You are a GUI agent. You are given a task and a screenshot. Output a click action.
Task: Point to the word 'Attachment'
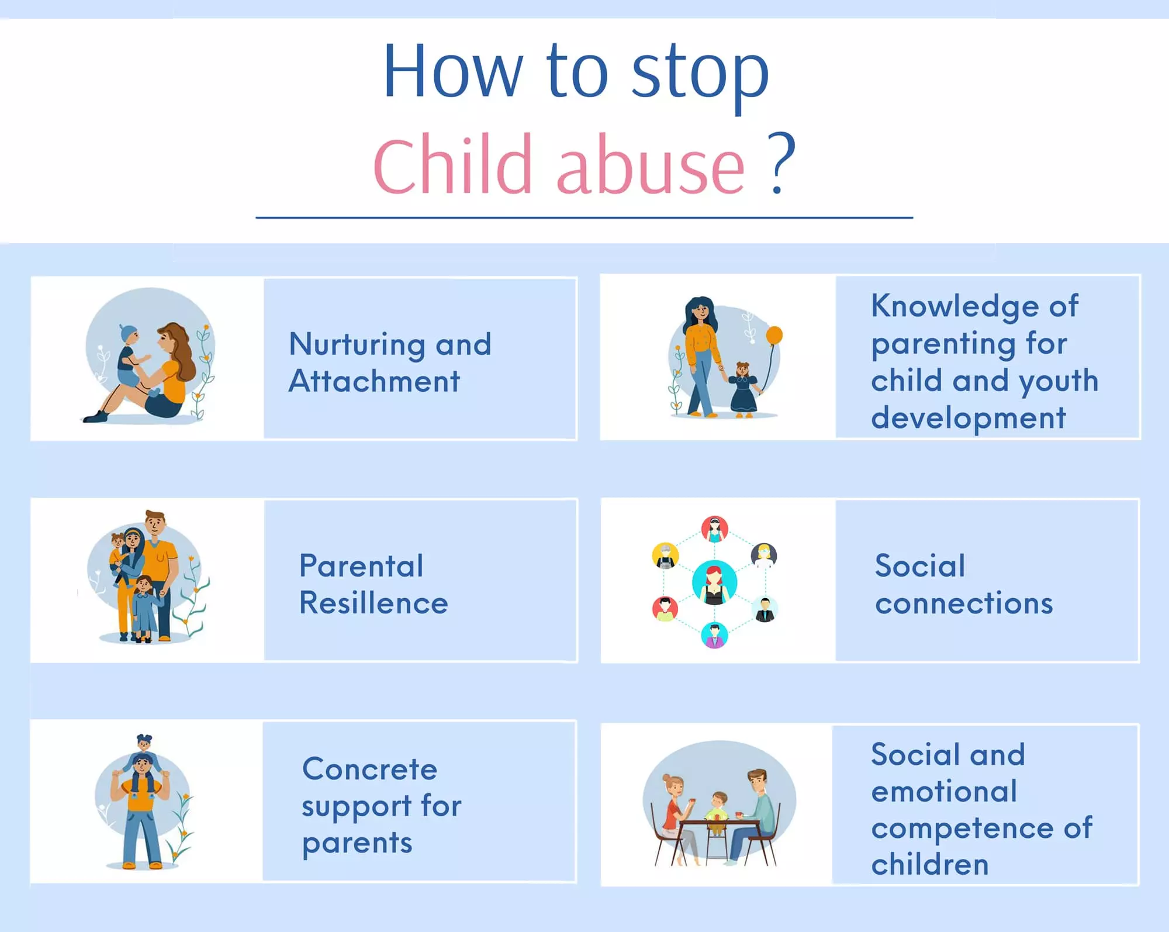[x=374, y=381]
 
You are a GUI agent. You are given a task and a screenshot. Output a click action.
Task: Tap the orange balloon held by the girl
[x=774, y=336]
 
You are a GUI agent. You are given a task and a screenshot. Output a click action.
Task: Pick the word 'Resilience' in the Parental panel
[x=373, y=603]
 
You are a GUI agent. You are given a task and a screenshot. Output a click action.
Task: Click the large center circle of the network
[x=714, y=582]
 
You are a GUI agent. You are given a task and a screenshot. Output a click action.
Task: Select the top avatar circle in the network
[x=714, y=529]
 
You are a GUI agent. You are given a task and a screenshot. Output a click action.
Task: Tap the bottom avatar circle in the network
[x=714, y=635]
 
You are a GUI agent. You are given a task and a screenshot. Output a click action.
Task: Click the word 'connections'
[x=964, y=603]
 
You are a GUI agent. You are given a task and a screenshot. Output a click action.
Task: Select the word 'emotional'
[x=944, y=792]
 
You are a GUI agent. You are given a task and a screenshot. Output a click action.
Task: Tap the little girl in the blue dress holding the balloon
[x=743, y=389]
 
